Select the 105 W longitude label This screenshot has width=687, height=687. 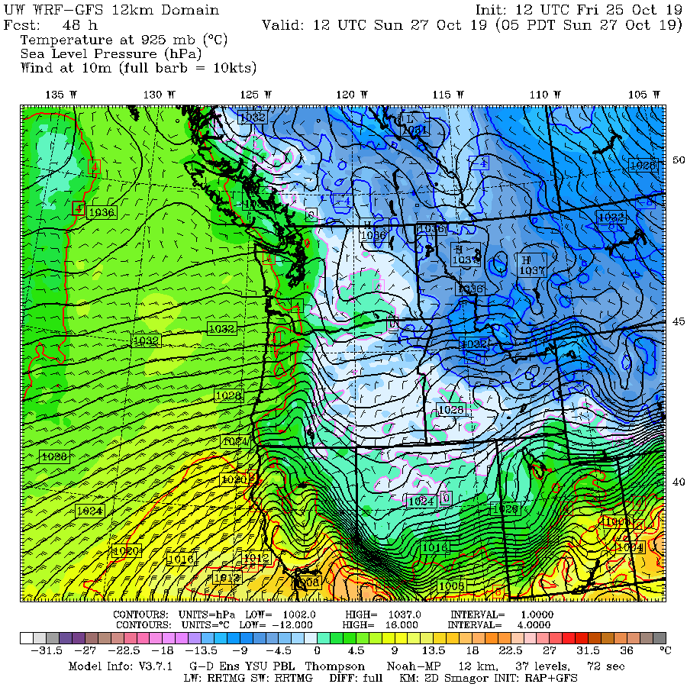click(x=645, y=94)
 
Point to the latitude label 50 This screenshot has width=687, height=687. click(x=678, y=160)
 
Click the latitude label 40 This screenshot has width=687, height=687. click(x=678, y=482)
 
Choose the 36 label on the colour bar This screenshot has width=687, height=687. click(x=626, y=651)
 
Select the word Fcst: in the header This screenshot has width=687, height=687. click(x=21, y=24)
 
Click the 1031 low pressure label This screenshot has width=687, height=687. click(x=414, y=130)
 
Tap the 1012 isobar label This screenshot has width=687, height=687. click(x=256, y=559)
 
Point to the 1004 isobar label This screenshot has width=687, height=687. click(x=630, y=547)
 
